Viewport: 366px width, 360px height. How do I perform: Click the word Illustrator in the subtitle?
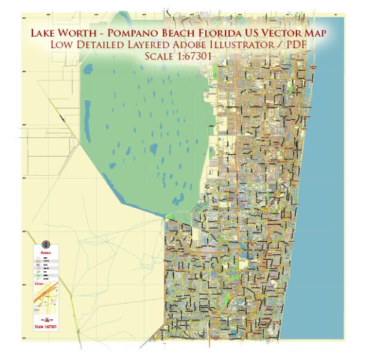pyautogui.click(x=245, y=44)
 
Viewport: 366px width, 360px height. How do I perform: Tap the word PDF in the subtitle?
pyautogui.click(x=300, y=44)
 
